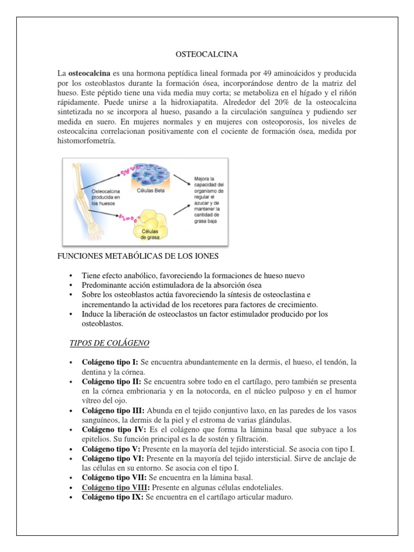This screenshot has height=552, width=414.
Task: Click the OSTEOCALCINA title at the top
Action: (207, 54)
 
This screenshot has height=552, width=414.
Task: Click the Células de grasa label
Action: (151, 234)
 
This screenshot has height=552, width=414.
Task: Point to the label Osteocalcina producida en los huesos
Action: (106, 197)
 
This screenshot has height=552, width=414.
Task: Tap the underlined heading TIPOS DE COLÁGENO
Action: (110, 343)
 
